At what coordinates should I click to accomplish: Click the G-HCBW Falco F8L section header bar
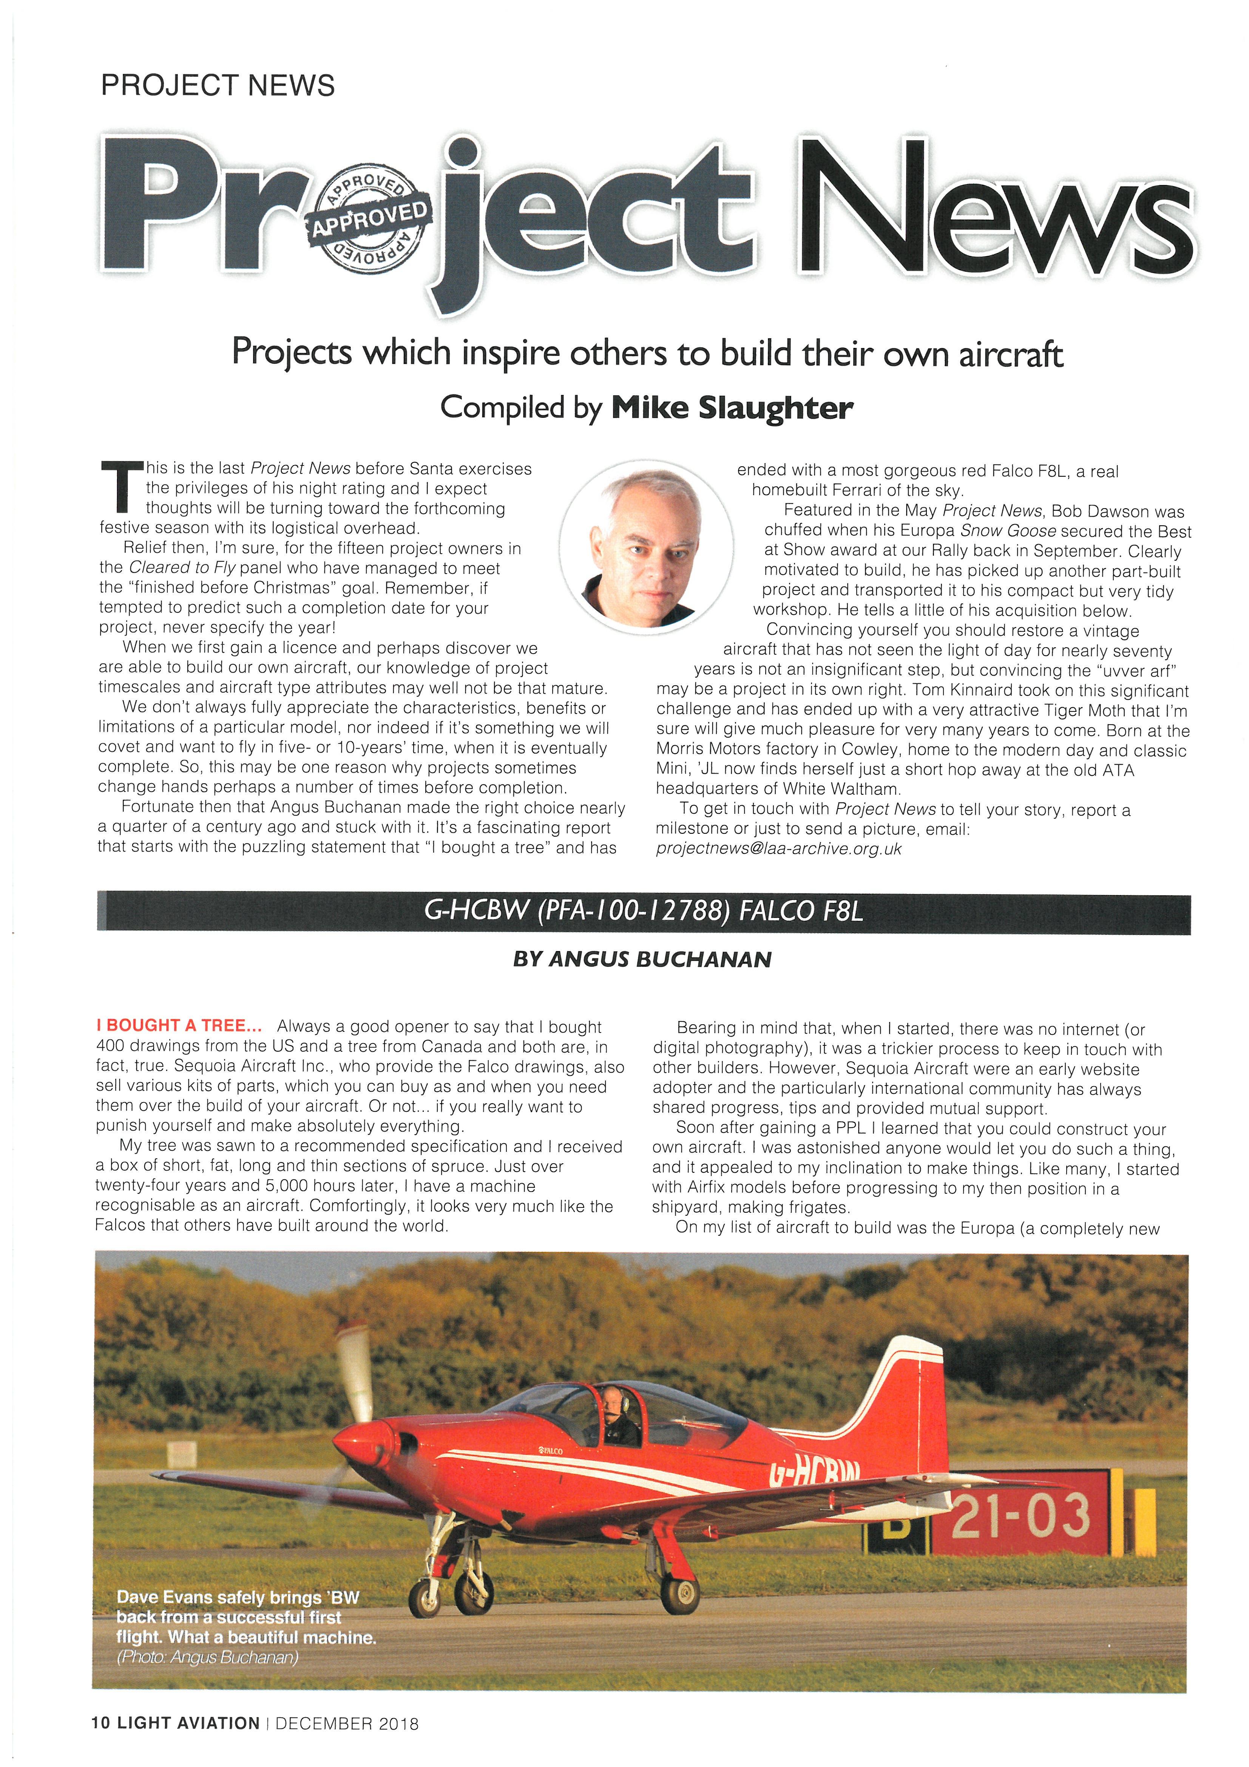[643, 912]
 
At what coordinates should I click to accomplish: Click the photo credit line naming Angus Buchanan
[208, 1657]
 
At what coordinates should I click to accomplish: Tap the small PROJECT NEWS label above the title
[218, 85]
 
